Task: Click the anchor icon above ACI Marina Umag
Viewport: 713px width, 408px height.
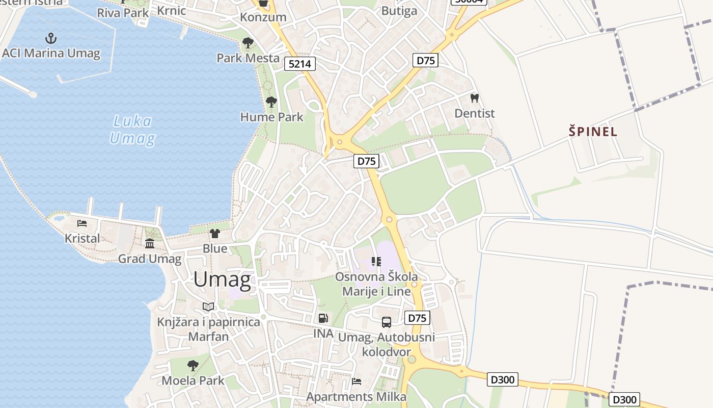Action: [x=50, y=38]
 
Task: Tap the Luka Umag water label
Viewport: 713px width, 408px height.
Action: [x=132, y=130]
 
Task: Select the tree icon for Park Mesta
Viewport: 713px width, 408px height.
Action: [x=248, y=42]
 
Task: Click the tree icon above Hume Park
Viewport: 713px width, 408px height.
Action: [x=271, y=101]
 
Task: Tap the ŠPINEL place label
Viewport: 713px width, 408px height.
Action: [x=593, y=132]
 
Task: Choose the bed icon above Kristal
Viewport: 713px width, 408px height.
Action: [x=82, y=223]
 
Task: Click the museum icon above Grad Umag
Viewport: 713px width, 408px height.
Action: [x=150, y=243]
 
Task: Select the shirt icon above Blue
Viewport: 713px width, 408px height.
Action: [x=215, y=234]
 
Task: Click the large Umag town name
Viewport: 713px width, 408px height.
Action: [x=222, y=279]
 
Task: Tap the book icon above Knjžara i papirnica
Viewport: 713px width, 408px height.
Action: [x=208, y=307]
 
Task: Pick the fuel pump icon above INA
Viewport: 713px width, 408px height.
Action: [x=323, y=318]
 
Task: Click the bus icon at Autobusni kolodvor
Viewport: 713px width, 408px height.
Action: [x=387, y=322]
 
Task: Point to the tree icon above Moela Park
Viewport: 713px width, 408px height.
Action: [x=193, y=365]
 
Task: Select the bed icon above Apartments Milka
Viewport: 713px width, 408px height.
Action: [x=356, y=381]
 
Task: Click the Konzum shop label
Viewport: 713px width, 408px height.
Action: [x=263, y=17]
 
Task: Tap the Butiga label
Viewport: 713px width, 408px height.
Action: [x=399, y=11]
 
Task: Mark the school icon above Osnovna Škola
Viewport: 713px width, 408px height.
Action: [x=376, y=262]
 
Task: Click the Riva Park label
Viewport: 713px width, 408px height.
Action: [x=123, y=13]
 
